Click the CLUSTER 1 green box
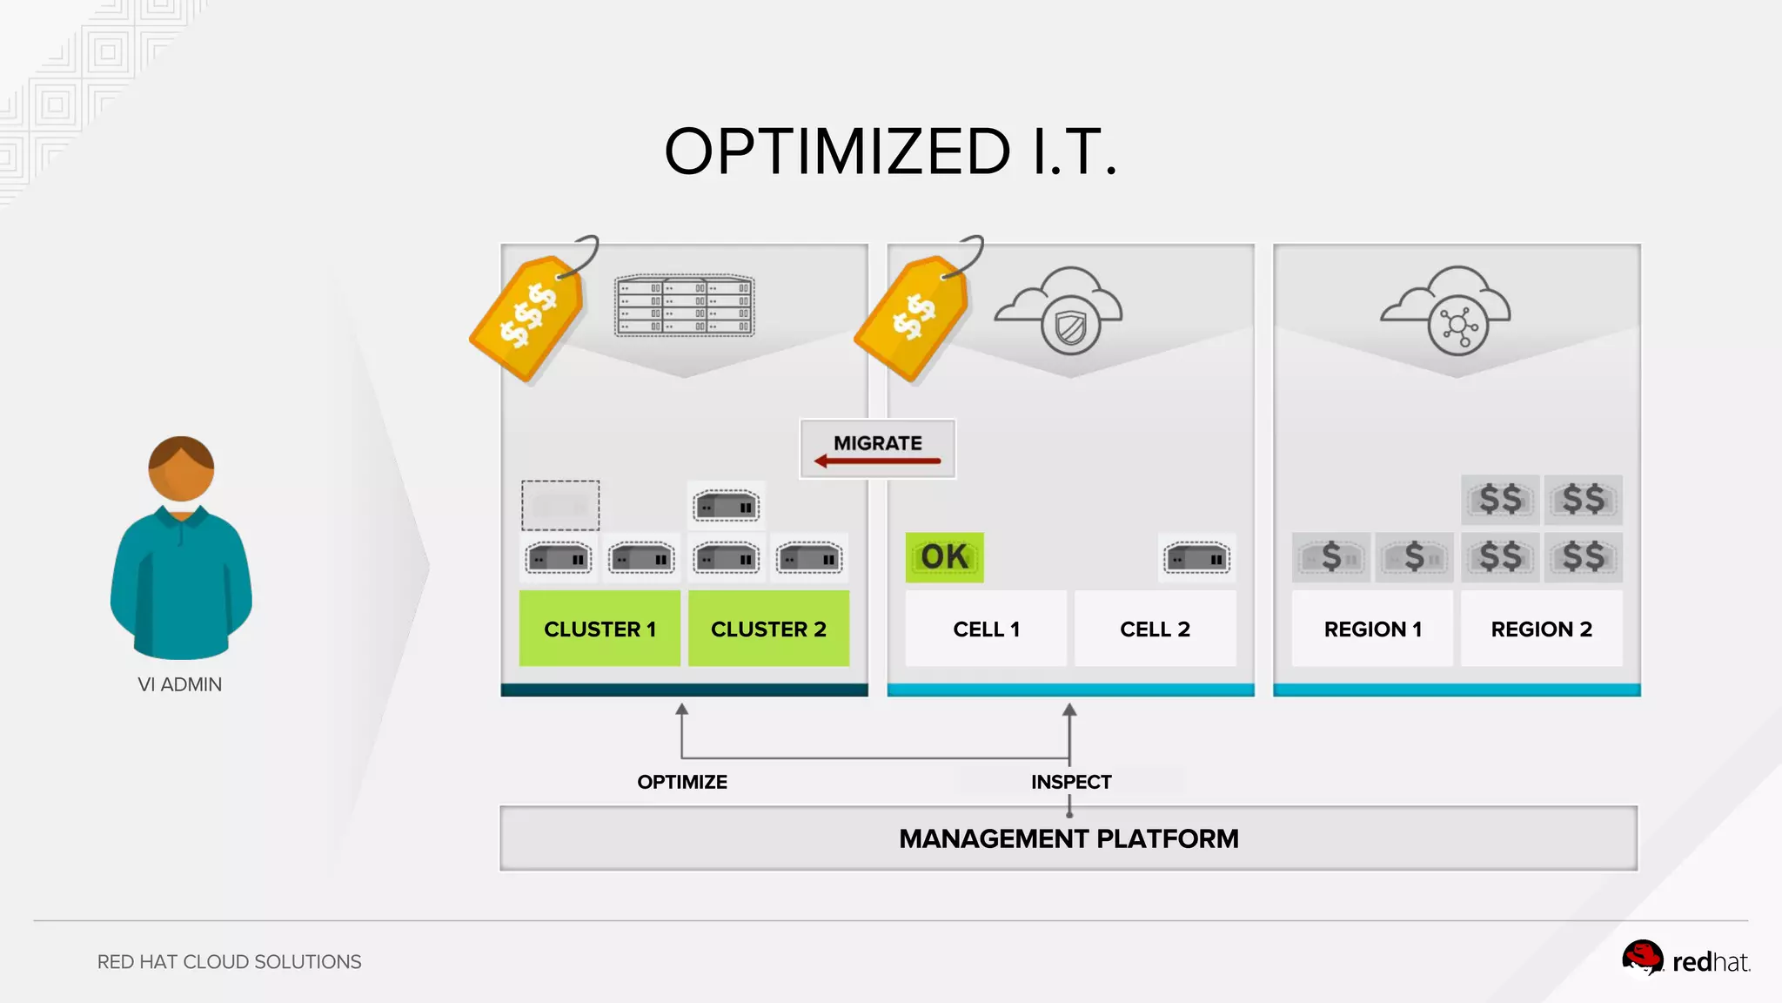[600, 629]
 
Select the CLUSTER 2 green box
[768, 629]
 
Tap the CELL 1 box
[986, 629]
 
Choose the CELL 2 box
[1155, 629]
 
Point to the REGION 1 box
[1372, 629]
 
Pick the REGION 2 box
[1541, 629]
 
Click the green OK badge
[944, 557]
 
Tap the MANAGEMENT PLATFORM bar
[1069, 838]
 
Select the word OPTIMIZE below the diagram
[682, 782]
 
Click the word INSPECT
[1071, 782]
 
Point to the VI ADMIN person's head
[181, 469]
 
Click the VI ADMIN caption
[180, 684]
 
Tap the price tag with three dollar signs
[528, 315]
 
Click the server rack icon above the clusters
[685, 306]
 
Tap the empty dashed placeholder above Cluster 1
[560, 505]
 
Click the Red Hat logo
[1685, 960]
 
